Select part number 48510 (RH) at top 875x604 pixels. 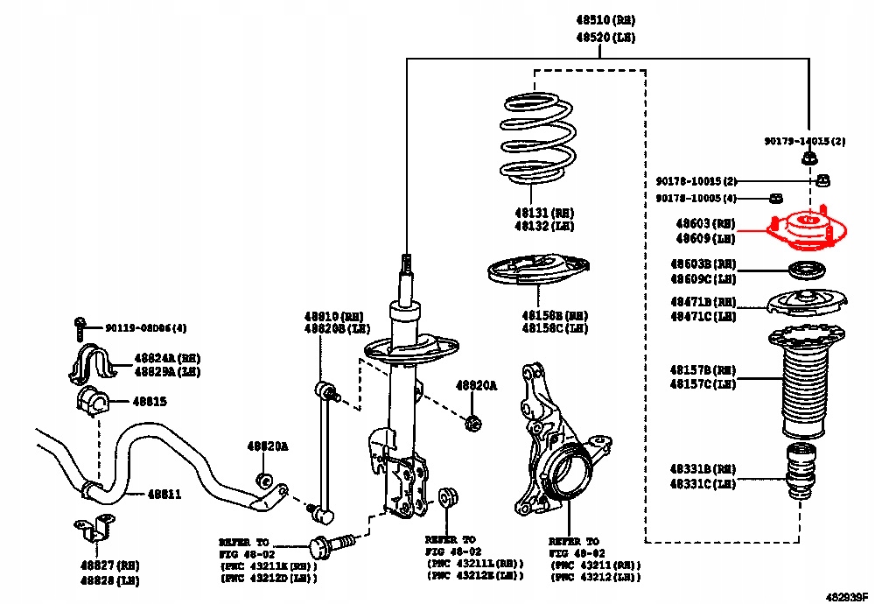point(605,19)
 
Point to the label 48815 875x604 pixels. point(150,401)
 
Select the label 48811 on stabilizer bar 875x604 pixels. point(164,494)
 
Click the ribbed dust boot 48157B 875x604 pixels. point(806,381)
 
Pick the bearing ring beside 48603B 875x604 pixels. point(806,270)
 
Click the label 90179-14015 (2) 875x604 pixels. point(804,141)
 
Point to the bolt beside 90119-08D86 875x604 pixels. point(80,328)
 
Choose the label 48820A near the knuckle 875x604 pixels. point(475,385)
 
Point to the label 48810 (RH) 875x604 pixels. point(333,315)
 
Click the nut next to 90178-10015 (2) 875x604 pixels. point(822,181)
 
